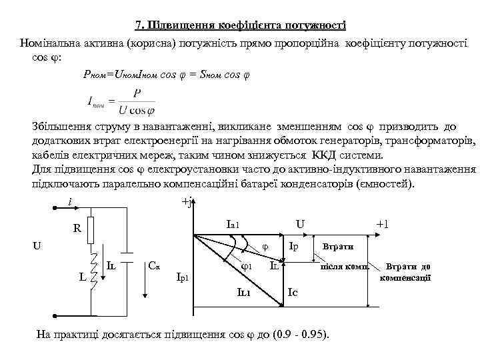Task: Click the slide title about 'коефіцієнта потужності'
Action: (x=240, y=26)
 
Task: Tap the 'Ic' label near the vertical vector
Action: (x=292, y=291)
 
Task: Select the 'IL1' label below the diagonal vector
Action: (x=244, y=291)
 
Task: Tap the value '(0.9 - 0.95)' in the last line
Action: (x=301, y=333)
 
